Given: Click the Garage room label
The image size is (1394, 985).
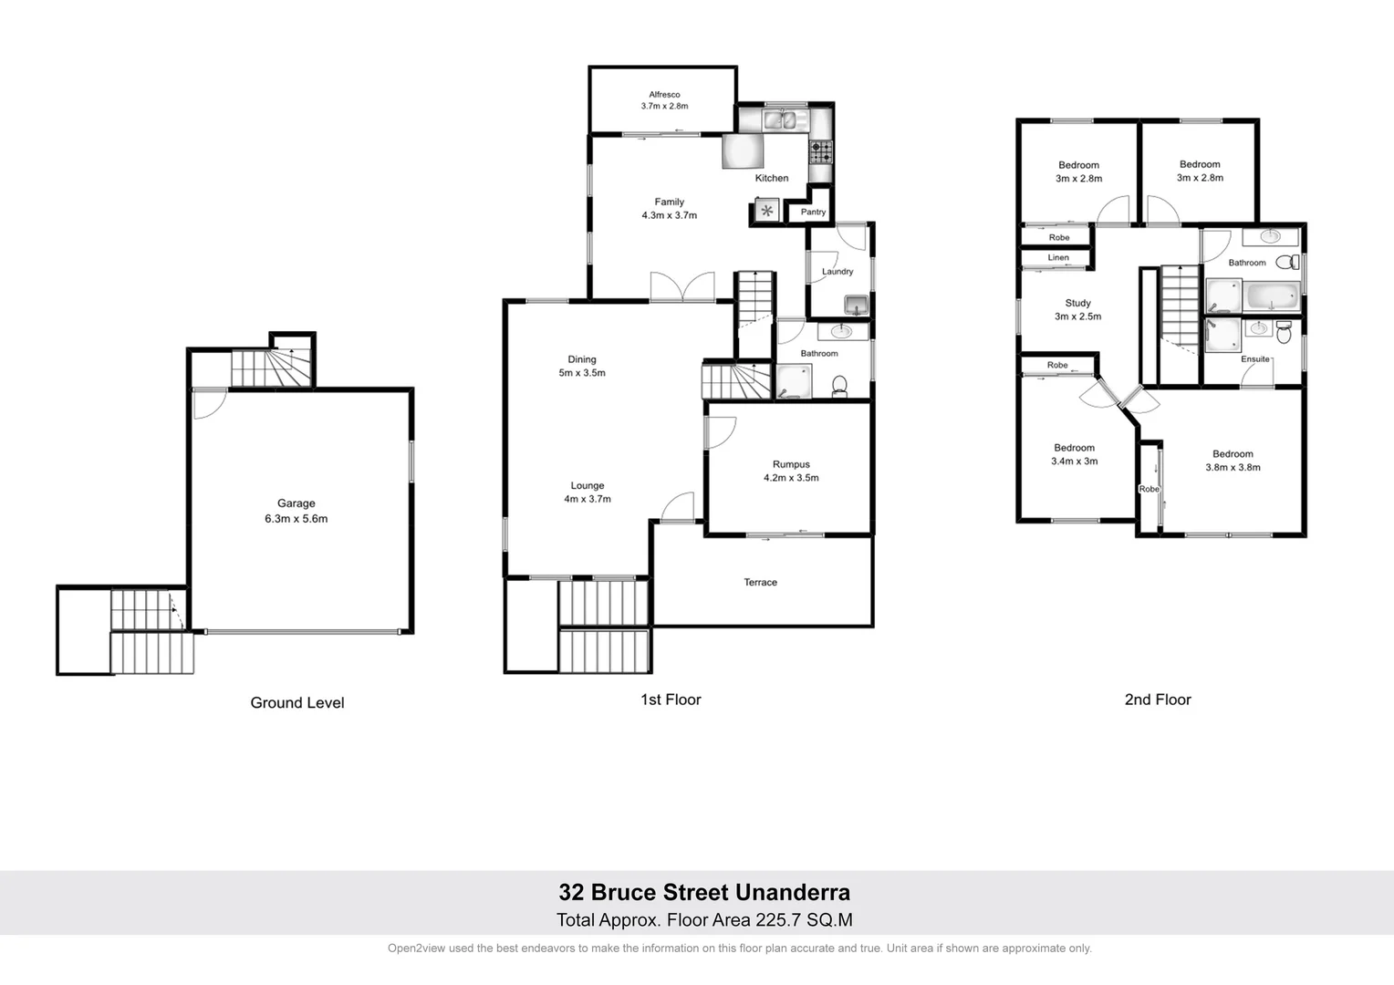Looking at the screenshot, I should coord(296,503).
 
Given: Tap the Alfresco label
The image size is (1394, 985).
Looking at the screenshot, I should coord(664,95).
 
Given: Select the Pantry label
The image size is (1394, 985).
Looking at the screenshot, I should coord(813,212).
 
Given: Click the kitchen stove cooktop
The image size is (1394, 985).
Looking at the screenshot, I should coord(820,151).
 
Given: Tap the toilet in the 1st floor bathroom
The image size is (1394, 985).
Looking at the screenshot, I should coord(839,387).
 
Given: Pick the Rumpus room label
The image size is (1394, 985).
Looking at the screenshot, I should coord(791,464).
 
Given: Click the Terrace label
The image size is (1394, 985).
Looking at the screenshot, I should coord(760,582).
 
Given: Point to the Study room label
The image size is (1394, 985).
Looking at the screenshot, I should coord(1077,303).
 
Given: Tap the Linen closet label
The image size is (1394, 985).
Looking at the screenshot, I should coord(1058,257).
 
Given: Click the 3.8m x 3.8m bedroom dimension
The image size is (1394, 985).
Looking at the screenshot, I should coord(1233,468).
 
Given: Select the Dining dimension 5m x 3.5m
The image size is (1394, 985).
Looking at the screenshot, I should coord(582,373).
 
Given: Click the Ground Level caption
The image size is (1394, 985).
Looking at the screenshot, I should coord(297,702).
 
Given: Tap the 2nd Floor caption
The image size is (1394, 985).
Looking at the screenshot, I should coord(1158,700).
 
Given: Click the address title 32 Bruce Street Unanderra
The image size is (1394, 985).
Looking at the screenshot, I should coord(704,892).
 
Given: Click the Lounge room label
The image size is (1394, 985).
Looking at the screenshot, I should coord(588,486).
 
